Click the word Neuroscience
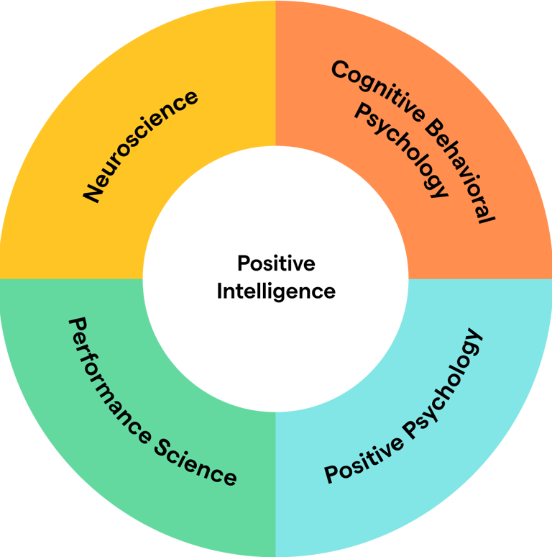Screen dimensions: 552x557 pos(141,146)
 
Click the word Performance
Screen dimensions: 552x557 pos(107,377)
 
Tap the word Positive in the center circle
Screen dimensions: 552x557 pos(276,264)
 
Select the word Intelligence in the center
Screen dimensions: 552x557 pos(276,291)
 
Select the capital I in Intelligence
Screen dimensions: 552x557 pos(220,291)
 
